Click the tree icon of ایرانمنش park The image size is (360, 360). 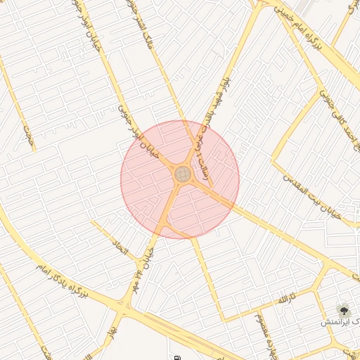[344, 308]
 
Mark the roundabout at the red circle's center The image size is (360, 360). [183, 173]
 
